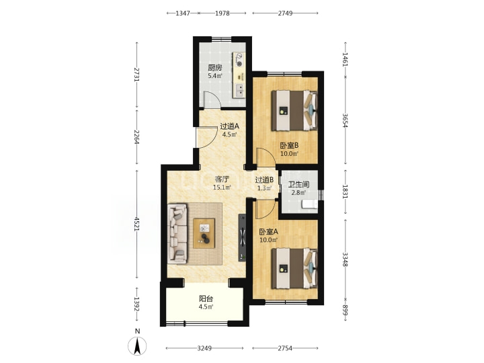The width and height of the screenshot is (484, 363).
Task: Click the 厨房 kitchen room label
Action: point(215,68)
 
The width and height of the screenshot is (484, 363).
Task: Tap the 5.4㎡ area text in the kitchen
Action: point(215,76)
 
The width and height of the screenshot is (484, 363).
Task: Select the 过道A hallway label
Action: point(229,126)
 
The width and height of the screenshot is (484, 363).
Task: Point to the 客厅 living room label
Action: point(222,179)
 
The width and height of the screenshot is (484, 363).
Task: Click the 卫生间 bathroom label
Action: point(298,185)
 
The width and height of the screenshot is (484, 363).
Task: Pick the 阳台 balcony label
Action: point(206,298)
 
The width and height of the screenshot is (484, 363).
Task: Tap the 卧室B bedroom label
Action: point(289,145)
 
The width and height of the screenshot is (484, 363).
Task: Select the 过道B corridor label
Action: point(264,179)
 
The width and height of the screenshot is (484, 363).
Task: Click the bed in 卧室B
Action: point(294,110)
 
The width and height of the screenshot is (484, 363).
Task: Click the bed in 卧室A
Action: point(294,268)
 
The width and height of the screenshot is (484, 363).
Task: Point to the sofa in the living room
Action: point(177,233)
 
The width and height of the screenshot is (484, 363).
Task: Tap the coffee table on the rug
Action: point(204,233)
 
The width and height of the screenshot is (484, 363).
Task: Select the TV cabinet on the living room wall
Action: point(242,238)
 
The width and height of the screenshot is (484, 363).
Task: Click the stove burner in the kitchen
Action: point(239,60)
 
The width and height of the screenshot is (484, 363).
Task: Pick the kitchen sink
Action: point(239,89)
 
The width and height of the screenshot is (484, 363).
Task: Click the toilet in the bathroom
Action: point(310,204)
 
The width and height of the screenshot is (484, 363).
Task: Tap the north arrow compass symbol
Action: point(137,346)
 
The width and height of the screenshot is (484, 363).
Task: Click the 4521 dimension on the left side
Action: point(137,224)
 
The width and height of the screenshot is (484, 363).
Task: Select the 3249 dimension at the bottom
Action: point(204,348)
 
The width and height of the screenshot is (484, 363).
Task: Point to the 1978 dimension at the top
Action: point(223,13)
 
